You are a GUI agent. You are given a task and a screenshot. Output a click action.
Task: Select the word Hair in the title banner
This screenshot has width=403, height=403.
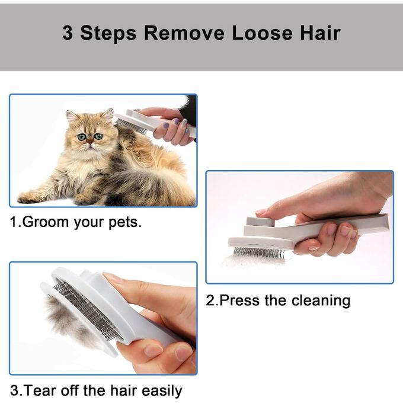(x=319, y=33)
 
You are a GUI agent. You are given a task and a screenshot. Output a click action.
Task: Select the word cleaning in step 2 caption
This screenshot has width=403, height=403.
(x=320, y=300)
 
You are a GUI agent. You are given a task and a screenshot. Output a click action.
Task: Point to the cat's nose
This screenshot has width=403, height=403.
(x=89, y=145)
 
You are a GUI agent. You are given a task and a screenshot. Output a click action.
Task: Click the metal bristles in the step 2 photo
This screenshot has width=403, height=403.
(x=258, y=253)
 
